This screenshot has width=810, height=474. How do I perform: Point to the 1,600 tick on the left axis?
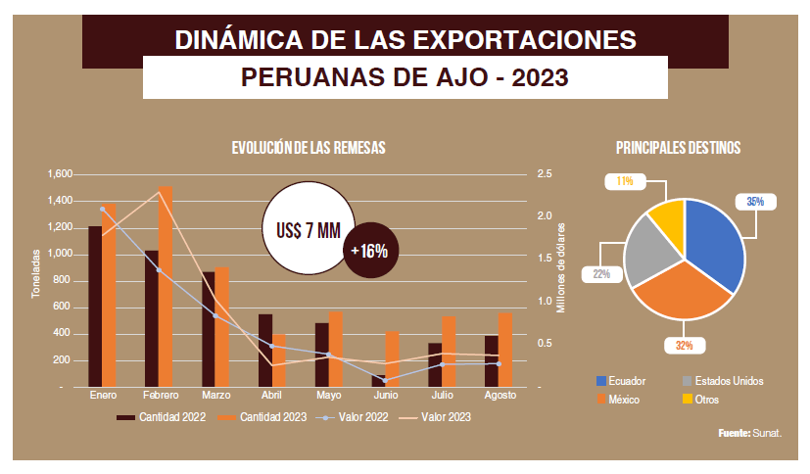click(60, 174)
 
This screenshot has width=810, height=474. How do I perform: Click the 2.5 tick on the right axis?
click(545, 174)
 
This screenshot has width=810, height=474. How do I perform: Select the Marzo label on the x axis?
click(215, 397)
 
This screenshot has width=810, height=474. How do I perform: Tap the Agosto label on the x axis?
click(500, 397)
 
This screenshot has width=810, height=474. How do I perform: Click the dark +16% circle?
click(368, 251)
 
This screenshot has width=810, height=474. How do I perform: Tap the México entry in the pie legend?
click(623, 400)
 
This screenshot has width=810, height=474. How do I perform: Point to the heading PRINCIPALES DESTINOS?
click(678, 148)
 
